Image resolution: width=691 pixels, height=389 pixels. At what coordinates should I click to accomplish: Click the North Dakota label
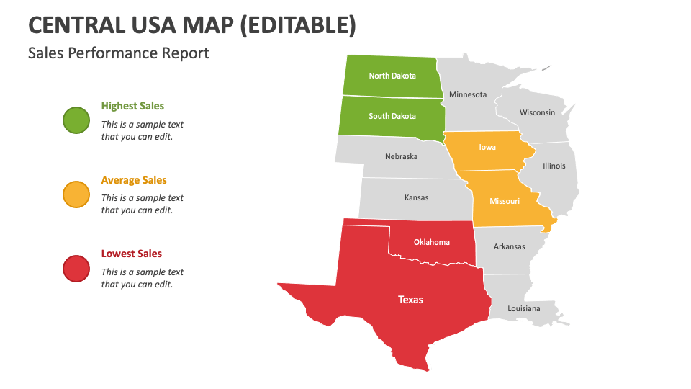(x=392, y=76)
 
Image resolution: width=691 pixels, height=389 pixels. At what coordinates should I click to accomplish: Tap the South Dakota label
(x=392, y=116)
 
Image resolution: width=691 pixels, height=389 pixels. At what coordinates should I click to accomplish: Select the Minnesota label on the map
(x=468, y=94)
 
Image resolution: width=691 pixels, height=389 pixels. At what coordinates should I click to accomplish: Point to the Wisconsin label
(x=537, y=112)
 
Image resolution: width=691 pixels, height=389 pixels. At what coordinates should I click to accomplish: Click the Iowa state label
(x=487, y=147)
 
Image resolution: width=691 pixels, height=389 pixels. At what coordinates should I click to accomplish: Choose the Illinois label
(x=554, y=166)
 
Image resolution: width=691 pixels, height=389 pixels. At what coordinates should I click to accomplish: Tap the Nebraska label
(x=401, y=156)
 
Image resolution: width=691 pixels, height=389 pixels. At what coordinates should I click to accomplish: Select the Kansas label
(x=416, y=197)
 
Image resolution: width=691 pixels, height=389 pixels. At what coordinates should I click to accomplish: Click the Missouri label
(x=505, y=201)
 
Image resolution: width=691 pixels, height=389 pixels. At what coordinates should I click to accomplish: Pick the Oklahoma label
(x=431, y=242)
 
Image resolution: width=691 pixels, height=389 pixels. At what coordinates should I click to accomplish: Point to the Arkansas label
(x=509, y=246)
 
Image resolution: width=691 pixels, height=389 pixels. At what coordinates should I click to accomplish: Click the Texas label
(x=411, y=300)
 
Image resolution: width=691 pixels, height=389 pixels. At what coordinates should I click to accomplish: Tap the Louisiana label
(x=523, y=308)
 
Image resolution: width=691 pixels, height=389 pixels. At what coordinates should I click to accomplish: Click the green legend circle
(x=76, y=120)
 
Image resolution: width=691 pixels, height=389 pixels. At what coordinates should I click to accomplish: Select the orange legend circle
(x=76, y=194)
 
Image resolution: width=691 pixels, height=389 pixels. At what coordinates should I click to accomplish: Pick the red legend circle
(x=76, y=269)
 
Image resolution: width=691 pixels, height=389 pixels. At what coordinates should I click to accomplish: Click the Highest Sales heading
(x=132, y=106)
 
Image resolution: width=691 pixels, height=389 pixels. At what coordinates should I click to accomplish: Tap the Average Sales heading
(x=134, y=180)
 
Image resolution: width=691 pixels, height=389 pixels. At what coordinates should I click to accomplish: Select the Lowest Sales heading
(x=131, y=254)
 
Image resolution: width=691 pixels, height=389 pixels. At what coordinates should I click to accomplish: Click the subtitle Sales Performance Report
(x=119, y=53)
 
